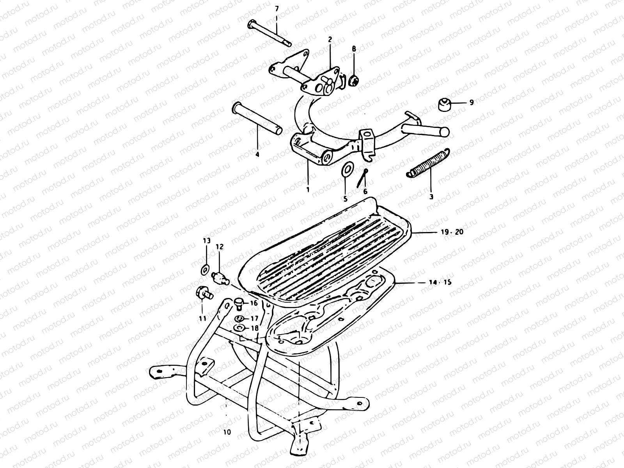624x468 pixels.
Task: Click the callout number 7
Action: pos(277,8)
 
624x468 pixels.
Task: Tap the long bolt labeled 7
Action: pos(269,33)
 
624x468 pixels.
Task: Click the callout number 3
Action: pos(431,197)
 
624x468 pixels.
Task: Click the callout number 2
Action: pos(330,39)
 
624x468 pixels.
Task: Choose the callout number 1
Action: pos(308,190)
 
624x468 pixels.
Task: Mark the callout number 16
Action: pos(253,303)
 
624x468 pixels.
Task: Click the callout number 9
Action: pos(472,103)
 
